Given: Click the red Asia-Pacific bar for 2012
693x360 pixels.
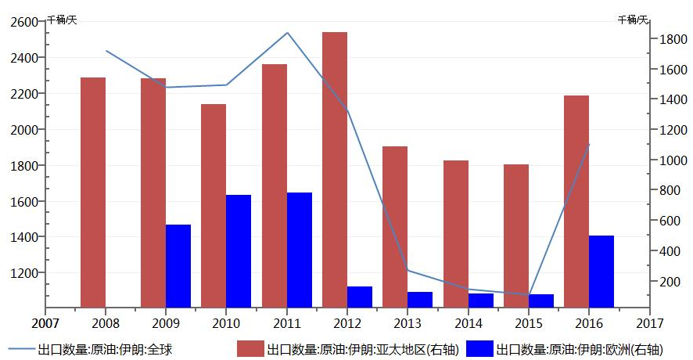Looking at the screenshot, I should (x=335, y=169).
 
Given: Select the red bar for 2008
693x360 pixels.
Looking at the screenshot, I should (x=93, y=192).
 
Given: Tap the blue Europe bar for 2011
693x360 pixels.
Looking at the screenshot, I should (x=300, y=250).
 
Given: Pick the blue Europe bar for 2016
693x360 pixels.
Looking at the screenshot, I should (x=601, y=271).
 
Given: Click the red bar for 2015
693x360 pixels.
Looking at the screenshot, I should (x=516, y=236).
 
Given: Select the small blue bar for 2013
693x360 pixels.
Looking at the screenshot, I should (x=420, y=299).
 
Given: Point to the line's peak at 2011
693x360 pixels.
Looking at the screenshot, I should (x=288, y=33).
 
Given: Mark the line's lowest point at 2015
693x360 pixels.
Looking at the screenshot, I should (x=530, y=295).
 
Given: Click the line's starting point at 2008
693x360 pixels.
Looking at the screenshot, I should (x=106, y=51).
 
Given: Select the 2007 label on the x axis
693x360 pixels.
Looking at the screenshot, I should (x=45, y=322).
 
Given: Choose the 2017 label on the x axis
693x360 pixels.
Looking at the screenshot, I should (x=649, y=322).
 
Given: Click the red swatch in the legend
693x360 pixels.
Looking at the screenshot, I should (x=250, y=349).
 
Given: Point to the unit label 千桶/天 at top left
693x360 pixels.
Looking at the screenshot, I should (x=62, y=19).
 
